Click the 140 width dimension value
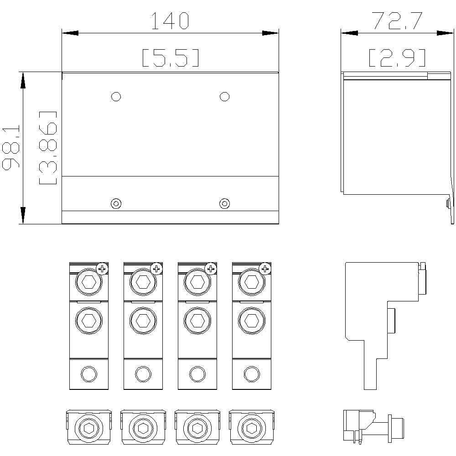coord(170,21)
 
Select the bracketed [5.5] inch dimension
coord(171,58)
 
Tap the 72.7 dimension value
coord(398,21)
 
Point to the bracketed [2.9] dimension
coord(397,58)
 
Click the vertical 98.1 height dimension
coord(11,147)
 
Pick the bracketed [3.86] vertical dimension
coord(48,148)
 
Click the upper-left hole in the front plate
coord(116,97)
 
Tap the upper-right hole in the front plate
coord(224,97)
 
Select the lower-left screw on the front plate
coord(116,203)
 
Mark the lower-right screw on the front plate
coord(224,203)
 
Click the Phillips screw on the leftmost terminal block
coord(102,269)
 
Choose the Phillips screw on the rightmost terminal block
coord(265,269)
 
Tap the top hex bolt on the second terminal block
coord(143,282)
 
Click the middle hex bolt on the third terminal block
coord(197,321)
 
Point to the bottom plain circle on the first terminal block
coord(89,374)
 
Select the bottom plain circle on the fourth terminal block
coord(252,374)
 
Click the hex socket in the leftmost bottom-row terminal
coord(89,428)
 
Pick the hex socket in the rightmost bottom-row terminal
coord(252,428)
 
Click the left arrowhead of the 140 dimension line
coord(70,33)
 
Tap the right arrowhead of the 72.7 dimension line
coord(445,33)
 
